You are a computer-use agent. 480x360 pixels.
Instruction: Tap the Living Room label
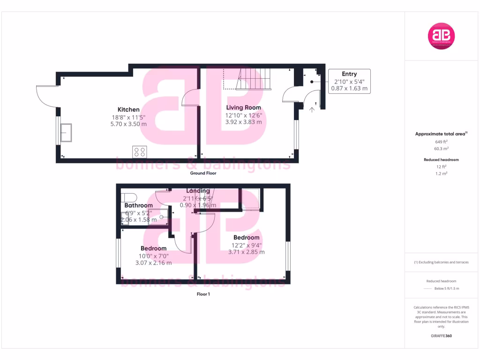pyautogui.click(x=243, y=108)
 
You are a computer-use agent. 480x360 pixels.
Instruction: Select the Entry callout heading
pyautogui.click(x=349, y=74)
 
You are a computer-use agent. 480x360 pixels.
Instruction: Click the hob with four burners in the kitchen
pyautogui.click(x=140, y=151)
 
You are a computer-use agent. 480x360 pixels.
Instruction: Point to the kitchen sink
pyautogui.click(x=66, y=132)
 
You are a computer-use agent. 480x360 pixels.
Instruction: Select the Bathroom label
pyautogui.click(x=138, y=205)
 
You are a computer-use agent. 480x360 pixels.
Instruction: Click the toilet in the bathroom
pyautogui.click(x=128, y=197)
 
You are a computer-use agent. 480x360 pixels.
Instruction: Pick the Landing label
pyautogui.click(x=198, y=191)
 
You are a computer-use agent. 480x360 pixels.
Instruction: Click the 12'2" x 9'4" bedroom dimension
pyautogui.click(x=246, y=245)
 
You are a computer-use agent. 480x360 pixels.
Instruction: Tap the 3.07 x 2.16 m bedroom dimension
pyautogui.click(x=153, y=263)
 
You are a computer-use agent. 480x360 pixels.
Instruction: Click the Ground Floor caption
pyautogui.click(x=203, y=173)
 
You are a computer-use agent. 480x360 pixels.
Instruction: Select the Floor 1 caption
pyautogui.click(x=203, y=294)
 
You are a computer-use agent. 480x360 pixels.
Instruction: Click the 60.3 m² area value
pyautogui.click(x=441, y=148)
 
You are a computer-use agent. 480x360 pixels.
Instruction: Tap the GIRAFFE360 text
pyautogui.click(x=441, y=336)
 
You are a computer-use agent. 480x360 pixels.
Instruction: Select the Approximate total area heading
pyautogui.click(x=441, y=134)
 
